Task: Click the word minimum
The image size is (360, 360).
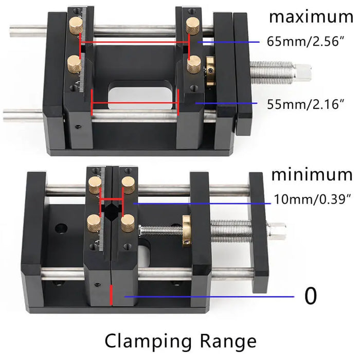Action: pyautogui.click(x=312, y=174)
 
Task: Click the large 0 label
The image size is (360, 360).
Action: pyautogui.click(x=311, y=296)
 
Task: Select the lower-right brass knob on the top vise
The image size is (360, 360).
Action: pyautogui.click(x=194, y=65)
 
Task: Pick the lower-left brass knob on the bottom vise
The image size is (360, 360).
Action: pyautogui.click(x=94, y=222)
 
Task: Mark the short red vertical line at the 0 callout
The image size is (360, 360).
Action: pyautogui.click(x=111, y=297)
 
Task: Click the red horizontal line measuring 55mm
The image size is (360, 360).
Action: pyautogui.click(x=135, y=109)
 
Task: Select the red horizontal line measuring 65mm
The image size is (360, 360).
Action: pyautogui.click(x=135, y=42)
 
